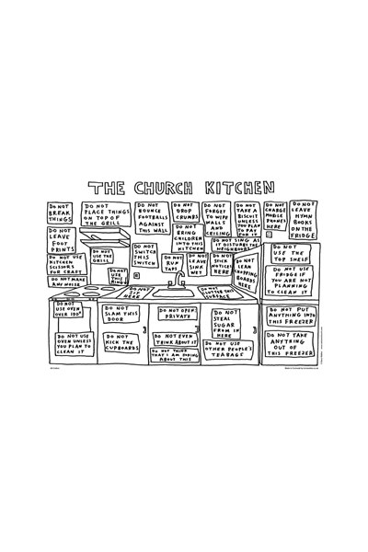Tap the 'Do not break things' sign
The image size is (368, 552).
pos(60,213)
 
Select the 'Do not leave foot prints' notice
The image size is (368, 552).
pos(61,241)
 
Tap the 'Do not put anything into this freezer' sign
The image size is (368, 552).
pos(293,316)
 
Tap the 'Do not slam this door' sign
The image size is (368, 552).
pos(121,314)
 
